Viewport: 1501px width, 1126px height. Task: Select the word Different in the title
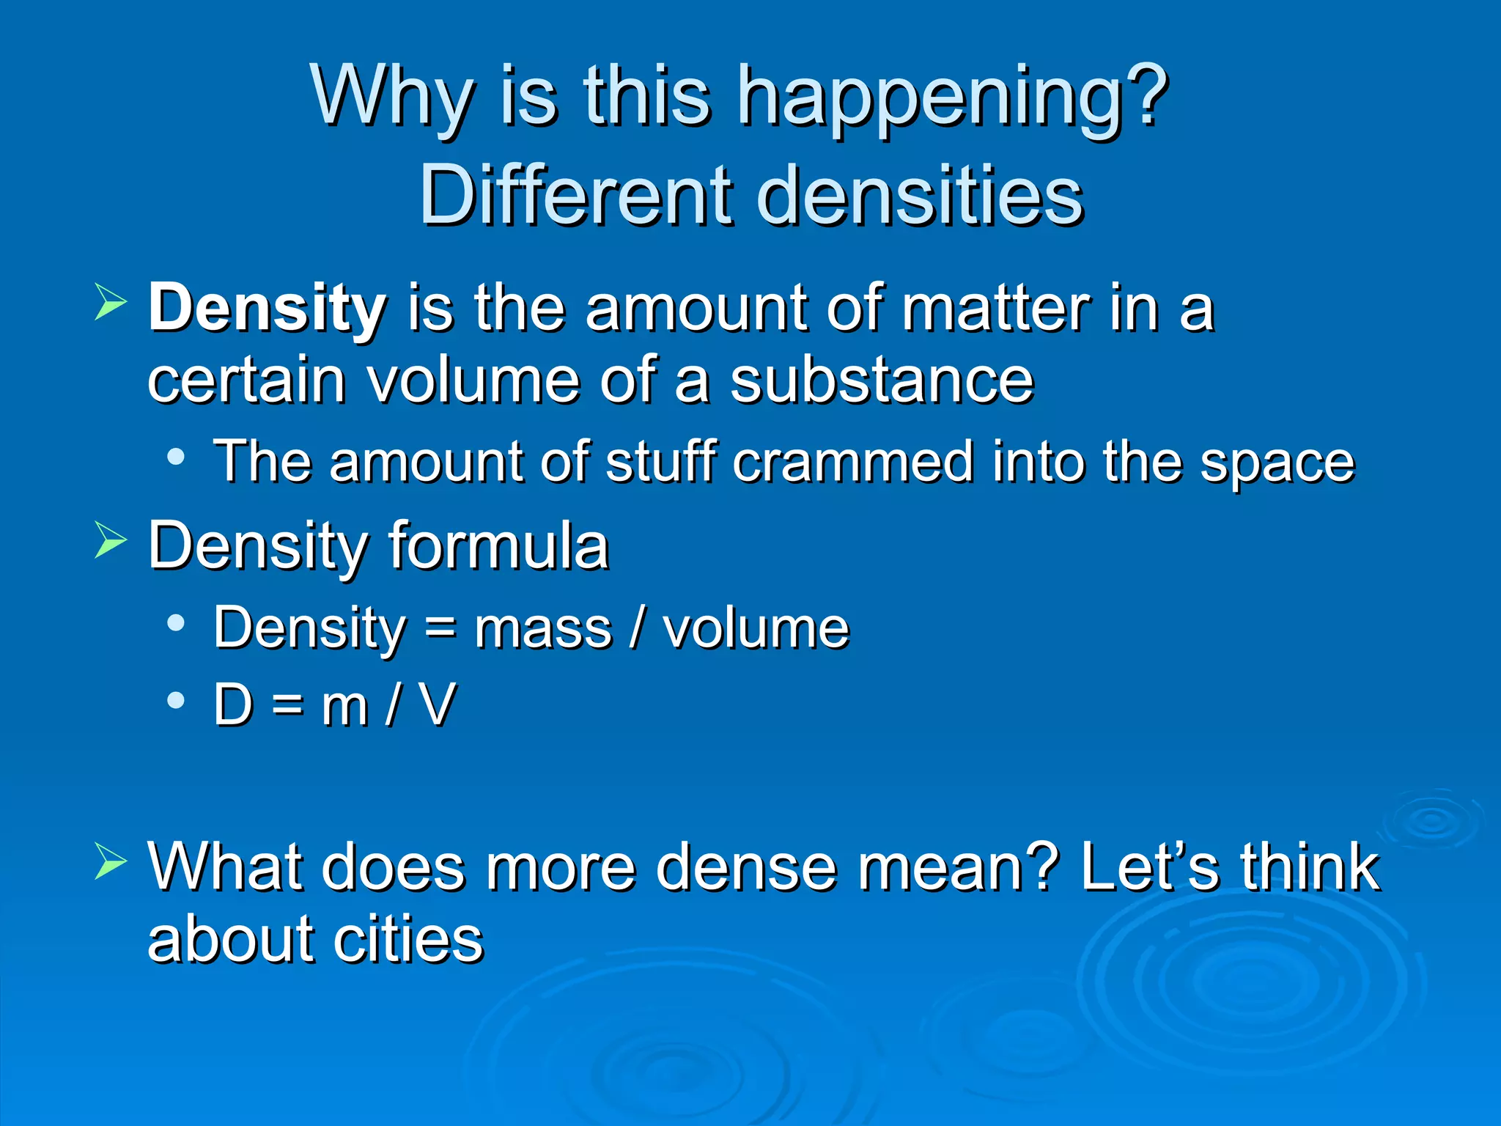coord(576,196)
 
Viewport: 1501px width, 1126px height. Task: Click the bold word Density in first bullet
coord(268,308)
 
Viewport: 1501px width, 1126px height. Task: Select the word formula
coord(498,545)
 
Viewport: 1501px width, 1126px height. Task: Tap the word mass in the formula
coord(542,629)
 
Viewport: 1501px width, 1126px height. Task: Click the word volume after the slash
coord(756,629)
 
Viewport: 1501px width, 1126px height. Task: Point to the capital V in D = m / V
coord(438,705)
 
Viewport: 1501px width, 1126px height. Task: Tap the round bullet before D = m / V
coord(176,700)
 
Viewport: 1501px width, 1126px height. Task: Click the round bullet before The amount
coord(176,457)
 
